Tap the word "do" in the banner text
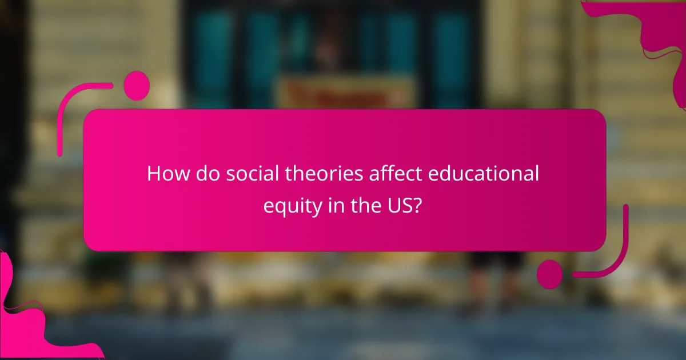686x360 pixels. (x=202, y=174)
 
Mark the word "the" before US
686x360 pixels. (x=366, y=205)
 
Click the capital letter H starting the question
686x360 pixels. (x=153, y=174)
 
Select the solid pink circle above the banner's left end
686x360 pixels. (x=136, y=86)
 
